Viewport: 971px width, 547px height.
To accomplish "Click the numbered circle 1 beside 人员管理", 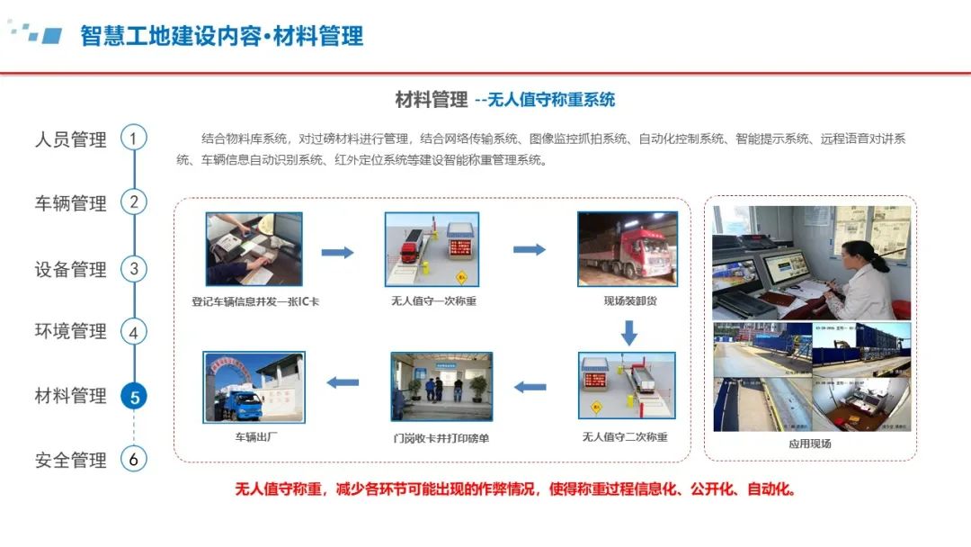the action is click(x=134, y=138).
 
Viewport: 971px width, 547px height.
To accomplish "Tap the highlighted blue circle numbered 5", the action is click(x=134, y=397).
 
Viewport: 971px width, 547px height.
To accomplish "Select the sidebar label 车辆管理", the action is click(x=71, y=203).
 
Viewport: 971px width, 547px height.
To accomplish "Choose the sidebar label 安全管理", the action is click(x=71, y=461).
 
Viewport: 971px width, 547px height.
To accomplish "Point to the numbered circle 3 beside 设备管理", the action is click(x=134, y=269).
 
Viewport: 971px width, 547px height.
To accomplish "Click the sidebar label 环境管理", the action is click(x=71, y=331).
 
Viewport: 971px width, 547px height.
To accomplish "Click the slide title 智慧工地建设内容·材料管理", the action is click(x=222, y=36).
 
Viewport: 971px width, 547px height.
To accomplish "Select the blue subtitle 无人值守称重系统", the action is click(x=551, y=100).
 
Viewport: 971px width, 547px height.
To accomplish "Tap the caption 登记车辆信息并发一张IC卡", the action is click(x=255, y=301).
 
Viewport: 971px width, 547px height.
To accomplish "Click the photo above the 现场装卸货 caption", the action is click(x=628, y=249).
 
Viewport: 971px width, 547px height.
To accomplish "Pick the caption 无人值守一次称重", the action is click(x=433, y=301).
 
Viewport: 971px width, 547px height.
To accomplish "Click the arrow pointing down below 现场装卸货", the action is click(x=629, y=333).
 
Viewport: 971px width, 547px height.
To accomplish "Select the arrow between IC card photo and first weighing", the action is click(x=337, y=252).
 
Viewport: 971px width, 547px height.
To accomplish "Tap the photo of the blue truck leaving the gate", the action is click(x=254, y=387).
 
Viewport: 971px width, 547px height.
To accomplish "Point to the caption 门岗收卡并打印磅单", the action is click(x=441, y=438).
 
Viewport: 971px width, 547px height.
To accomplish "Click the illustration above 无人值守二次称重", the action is click(x=627, y=386).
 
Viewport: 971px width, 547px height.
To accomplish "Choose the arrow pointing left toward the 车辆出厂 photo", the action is click(x=343, y=383).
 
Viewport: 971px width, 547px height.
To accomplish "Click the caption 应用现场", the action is click(x=810, y=444).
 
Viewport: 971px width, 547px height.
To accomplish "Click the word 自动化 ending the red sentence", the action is click(x=771, y=489).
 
